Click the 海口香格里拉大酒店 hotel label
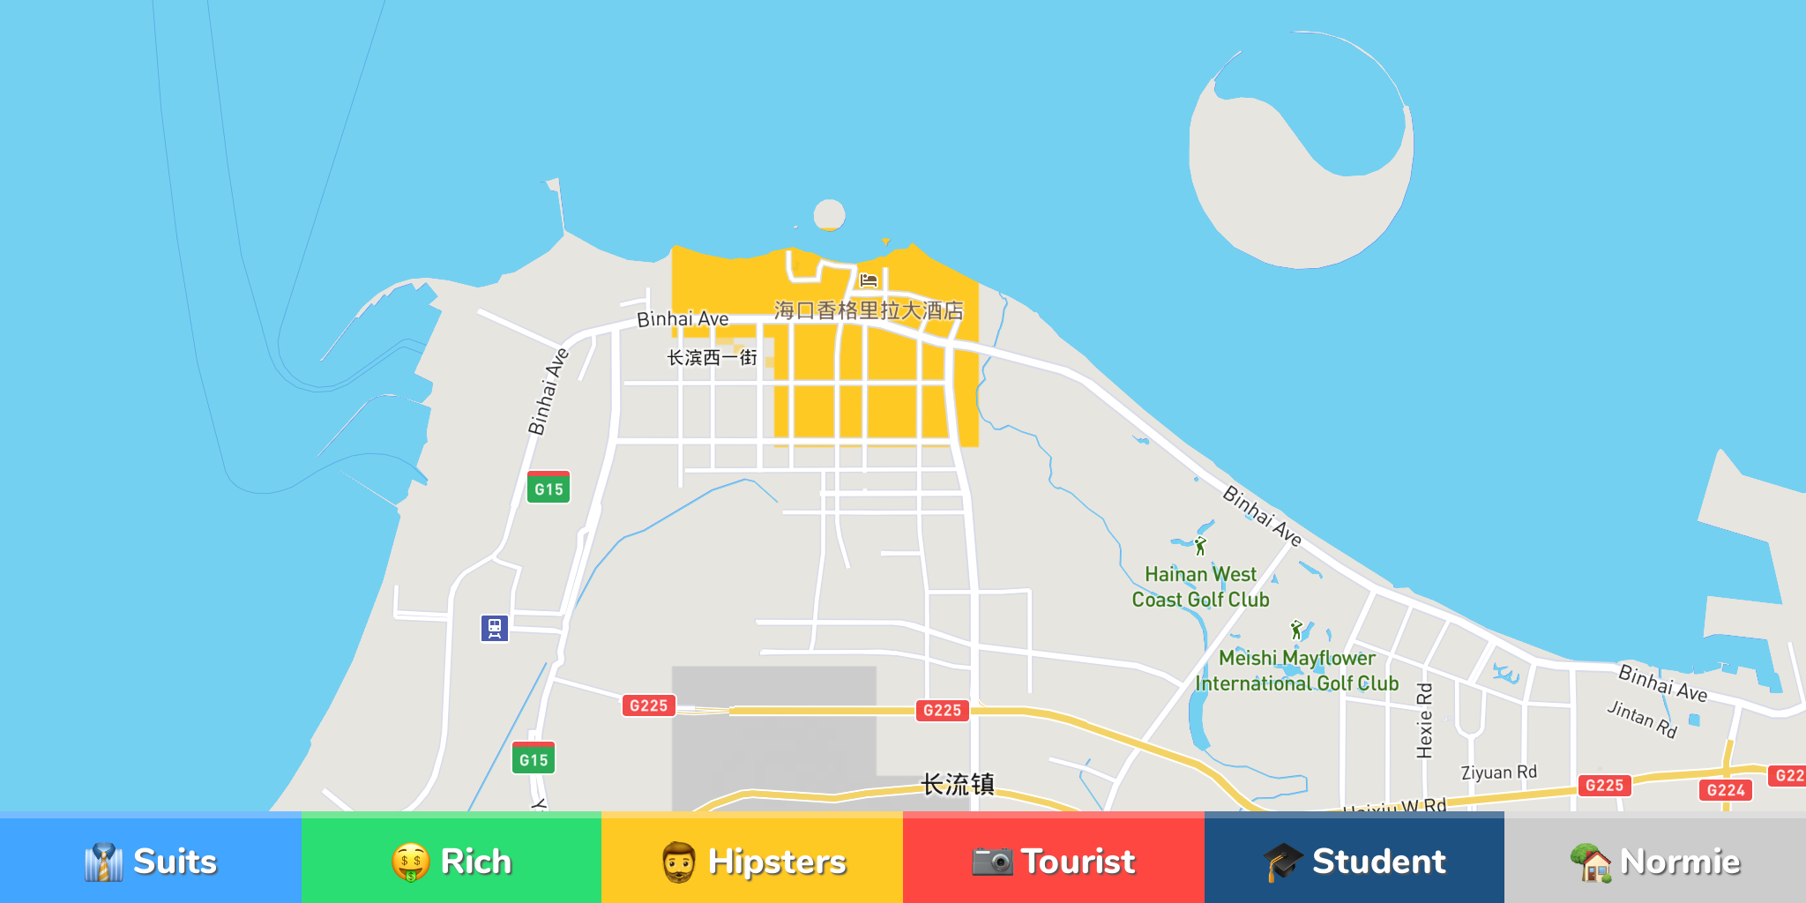pos(869,310)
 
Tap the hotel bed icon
pos(869,280)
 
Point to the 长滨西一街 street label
pos(712,357)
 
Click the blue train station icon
pos(495,628)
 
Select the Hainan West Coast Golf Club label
pos(1200,587)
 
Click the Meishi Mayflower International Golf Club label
pos(1296,670)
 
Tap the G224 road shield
pos(1725,790)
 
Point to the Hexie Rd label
pos(1424,720)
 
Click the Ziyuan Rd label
pos(1498,772)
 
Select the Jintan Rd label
pos(1641,719)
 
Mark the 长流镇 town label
pos(958,784)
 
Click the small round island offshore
pos(829,214)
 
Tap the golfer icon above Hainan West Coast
pos(1200,547)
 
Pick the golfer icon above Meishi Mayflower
pos(1296,630)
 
